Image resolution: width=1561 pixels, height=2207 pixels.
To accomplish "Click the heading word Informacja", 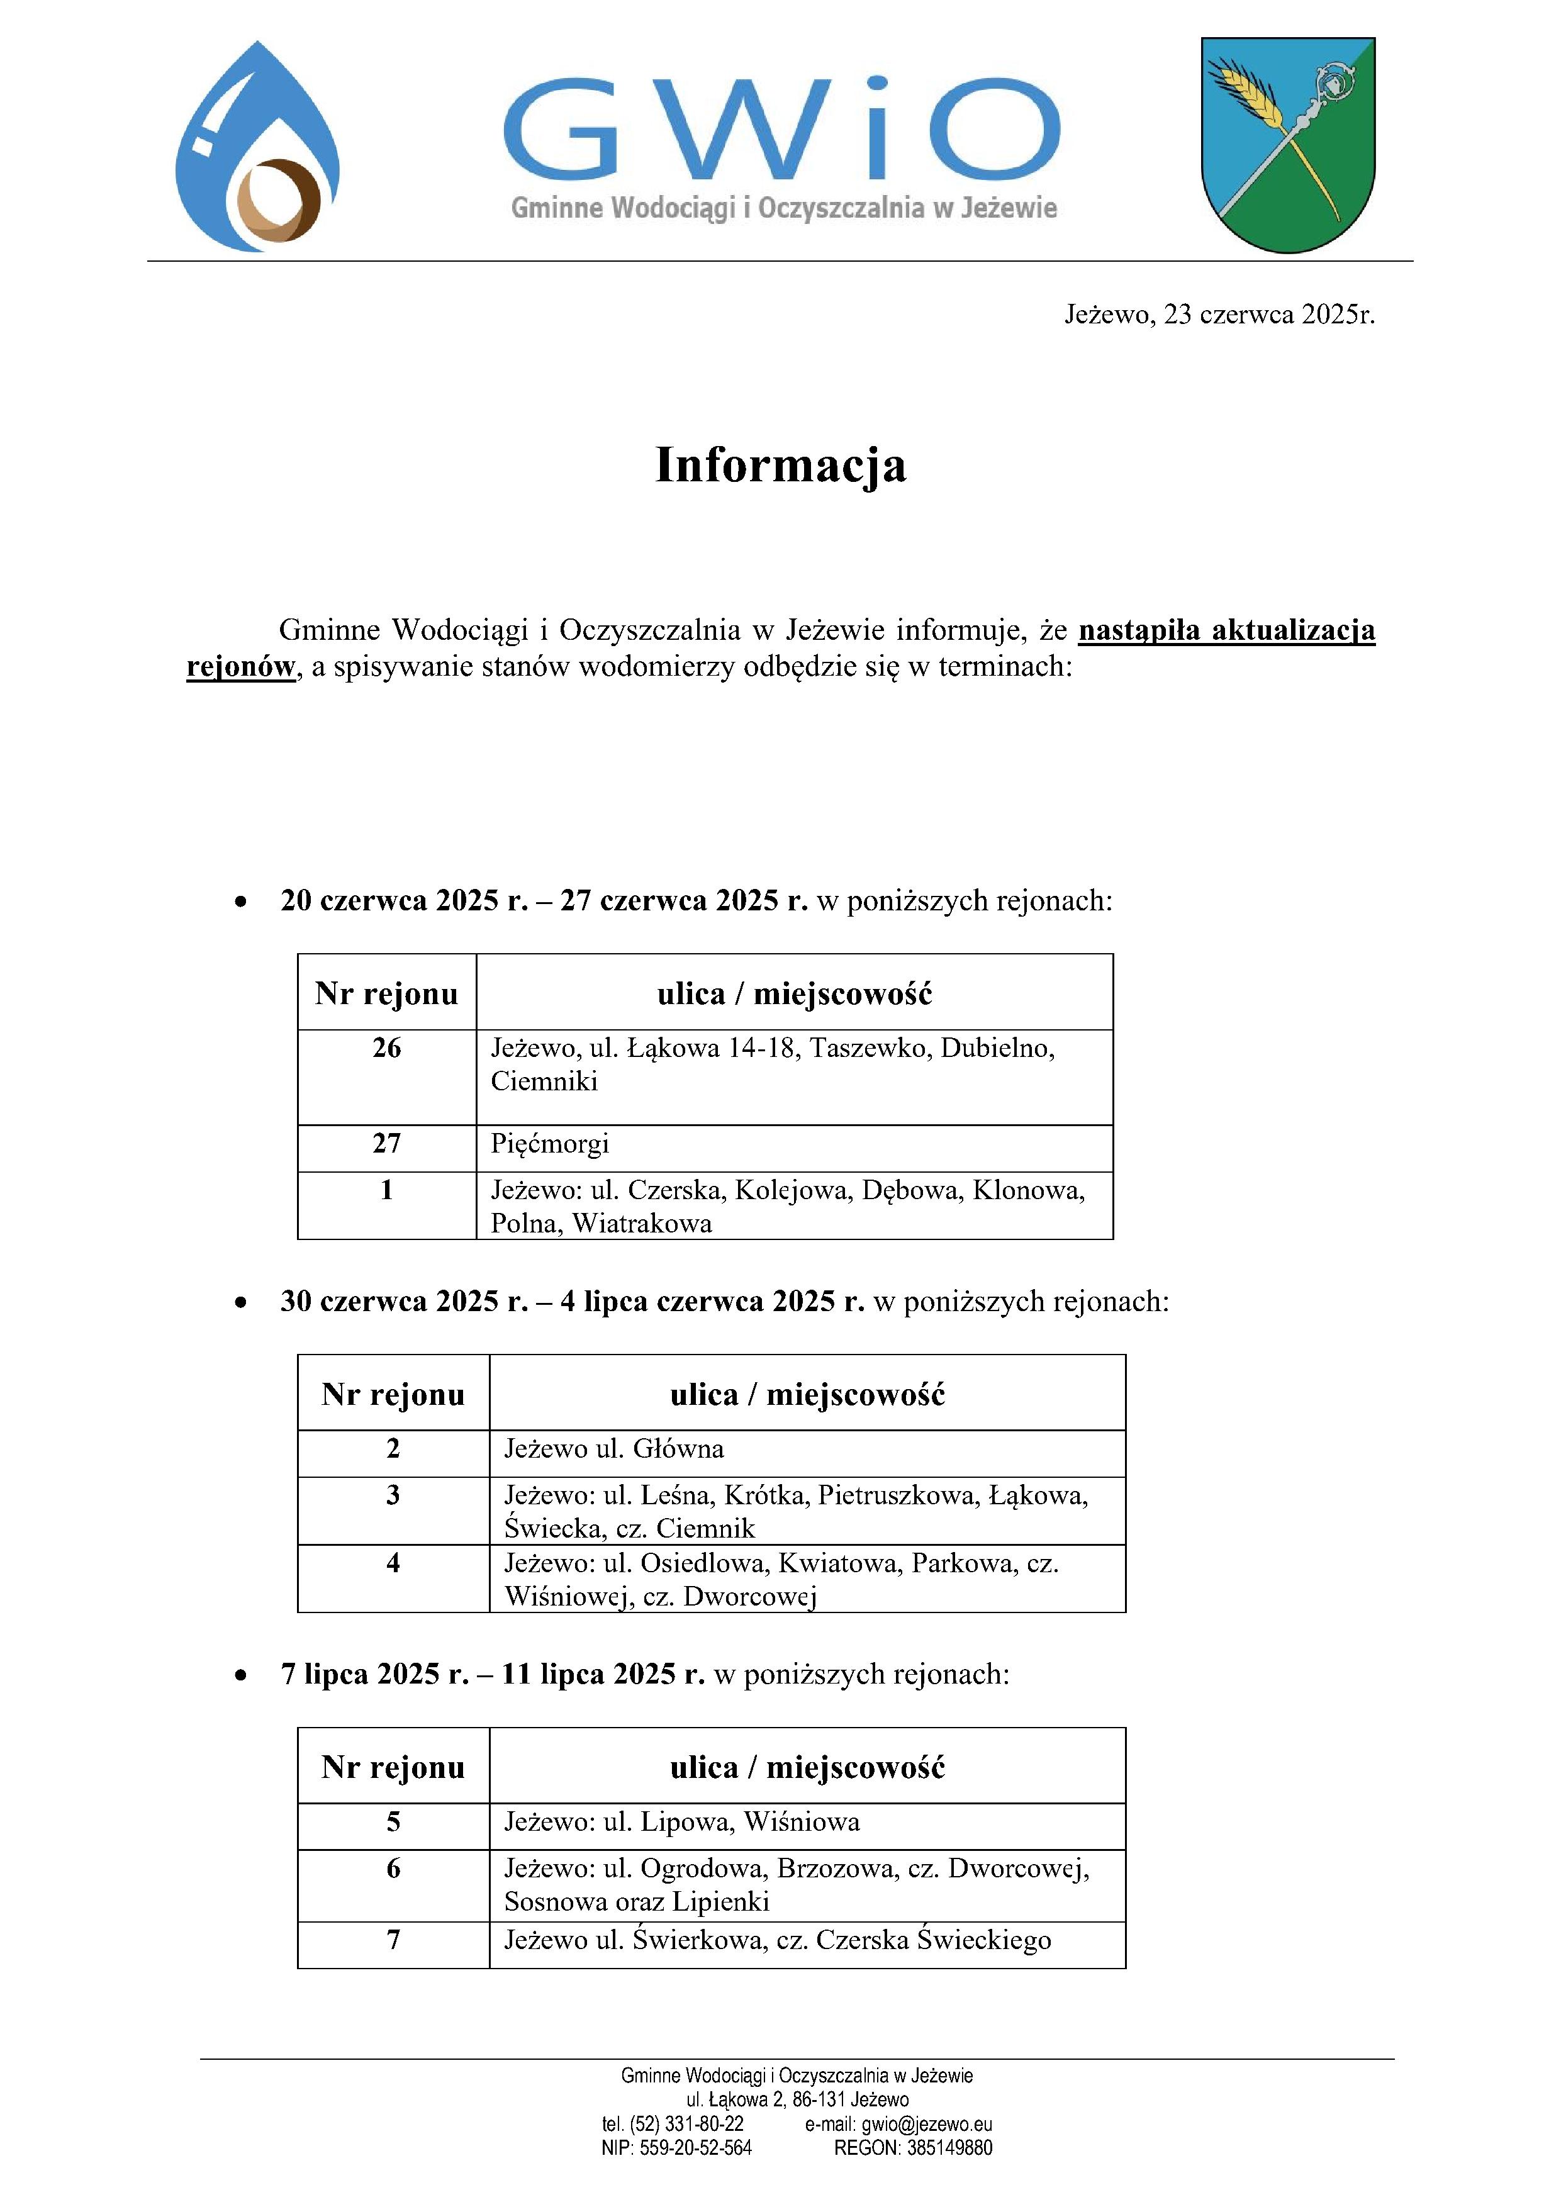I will point(780,465).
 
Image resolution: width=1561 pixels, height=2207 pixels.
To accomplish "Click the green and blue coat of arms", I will point(1287,144).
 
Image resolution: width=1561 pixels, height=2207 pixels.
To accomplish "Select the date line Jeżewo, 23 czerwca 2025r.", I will point(1219,315).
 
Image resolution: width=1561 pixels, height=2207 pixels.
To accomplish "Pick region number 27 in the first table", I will point(386,1144).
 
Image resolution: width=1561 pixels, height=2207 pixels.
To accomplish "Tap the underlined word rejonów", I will point(240,667).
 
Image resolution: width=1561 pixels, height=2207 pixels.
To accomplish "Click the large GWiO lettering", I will point(780,130).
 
